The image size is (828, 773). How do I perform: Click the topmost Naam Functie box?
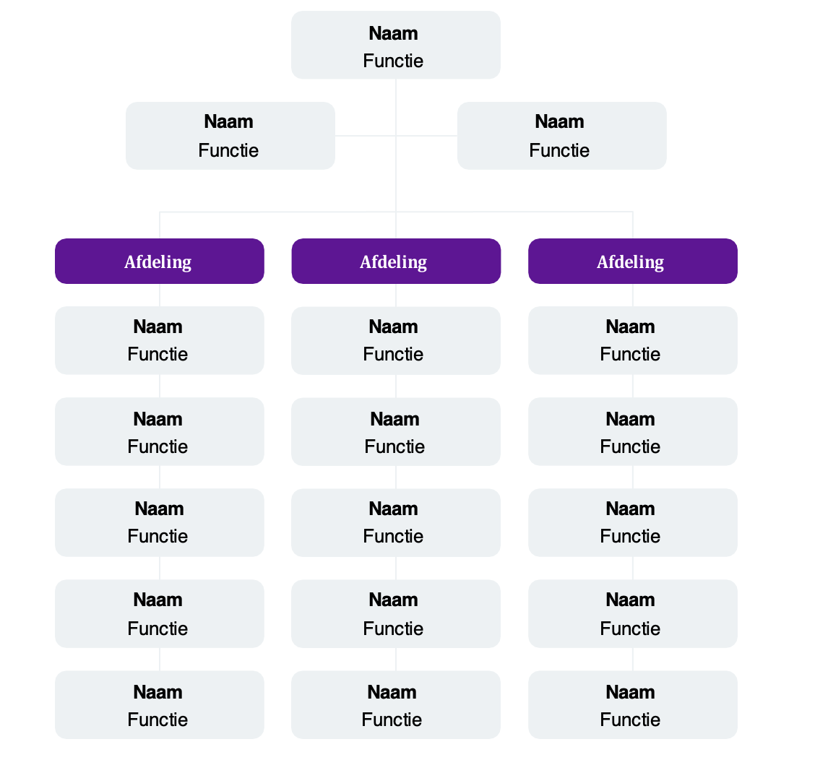point(395,45)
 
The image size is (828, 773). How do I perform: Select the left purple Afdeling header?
point(159,261)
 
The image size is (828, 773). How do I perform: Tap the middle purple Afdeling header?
point(395,261)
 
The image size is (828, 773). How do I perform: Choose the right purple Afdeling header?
point(632,261)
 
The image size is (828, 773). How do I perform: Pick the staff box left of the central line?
point(230,136)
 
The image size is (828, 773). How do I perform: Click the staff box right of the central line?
point(561,136)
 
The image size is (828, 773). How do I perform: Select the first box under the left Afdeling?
point(159,340)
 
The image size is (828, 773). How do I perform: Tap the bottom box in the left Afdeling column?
point(159,704)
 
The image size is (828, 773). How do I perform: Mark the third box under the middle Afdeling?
point(395,522)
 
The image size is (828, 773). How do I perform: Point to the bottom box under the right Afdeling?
point(632,704)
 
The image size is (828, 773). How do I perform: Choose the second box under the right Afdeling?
point(632,431)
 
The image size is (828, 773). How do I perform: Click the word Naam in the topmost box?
point(393,33)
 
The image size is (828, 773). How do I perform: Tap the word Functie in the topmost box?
point(393,61)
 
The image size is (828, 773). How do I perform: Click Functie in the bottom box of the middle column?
point(392,720)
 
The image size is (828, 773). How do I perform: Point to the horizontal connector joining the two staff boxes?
point(365,136)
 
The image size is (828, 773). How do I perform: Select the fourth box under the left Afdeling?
point(159,613)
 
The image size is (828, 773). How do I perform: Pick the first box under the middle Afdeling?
point(395,340)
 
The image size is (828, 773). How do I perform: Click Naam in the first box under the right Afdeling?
point(630,327)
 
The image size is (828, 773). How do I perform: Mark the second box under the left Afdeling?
point(159,431)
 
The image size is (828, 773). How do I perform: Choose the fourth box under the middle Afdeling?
point(395,613)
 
